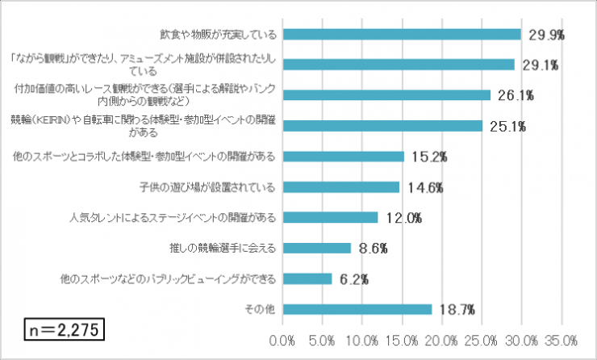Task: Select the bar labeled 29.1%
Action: [399, 65]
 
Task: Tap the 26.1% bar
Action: [386, 95]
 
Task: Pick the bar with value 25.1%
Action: [382, 126]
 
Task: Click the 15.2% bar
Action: [344, 157]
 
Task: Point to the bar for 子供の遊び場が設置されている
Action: [341, 187]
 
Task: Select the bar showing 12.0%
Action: [331, 217]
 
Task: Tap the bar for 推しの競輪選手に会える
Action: [317, 248]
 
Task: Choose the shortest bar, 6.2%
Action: [307, 278]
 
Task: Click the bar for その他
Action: [357, 309]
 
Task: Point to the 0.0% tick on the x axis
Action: [284, 338]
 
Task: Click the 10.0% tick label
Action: [363, 338]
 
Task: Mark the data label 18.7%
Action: [457, 309]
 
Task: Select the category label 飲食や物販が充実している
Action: [219, 34]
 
